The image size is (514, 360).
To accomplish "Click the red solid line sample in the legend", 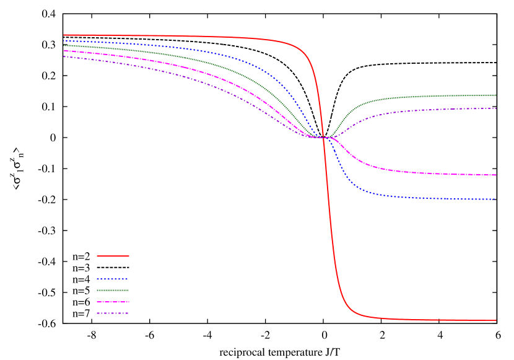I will (x=113, y=256).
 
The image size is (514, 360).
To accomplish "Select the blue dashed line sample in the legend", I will (x=112, y=279).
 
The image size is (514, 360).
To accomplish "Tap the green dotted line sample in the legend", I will (x=112, y=290).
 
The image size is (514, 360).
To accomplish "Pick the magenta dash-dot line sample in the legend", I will (x=112, y=302).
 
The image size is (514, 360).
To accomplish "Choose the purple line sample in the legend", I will (x=112, y=314).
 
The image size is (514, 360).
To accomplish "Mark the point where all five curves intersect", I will (x=324, y=138).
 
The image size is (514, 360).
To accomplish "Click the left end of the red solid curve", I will (x=64, y=35).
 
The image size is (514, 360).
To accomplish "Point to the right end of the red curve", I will (x=496, y=320).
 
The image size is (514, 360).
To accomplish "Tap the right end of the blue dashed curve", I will (x=495, y=200).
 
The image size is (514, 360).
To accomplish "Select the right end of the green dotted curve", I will (x=495, y=95).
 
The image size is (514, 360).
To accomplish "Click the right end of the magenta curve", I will (x=495, y=175).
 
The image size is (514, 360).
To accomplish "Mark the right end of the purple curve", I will (x=495, y=108).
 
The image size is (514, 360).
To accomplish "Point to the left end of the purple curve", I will (x=64, y=56).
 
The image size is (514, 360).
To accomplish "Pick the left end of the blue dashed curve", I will (x=64, y=41).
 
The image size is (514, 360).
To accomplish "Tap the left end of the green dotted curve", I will (x=64, y=45).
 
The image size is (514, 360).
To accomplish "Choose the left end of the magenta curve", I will (x=64, y=51).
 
